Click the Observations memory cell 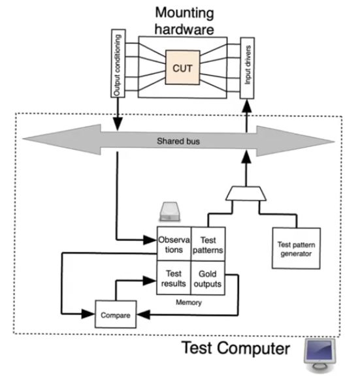[x=173, y=244]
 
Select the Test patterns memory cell [x=207, y=244]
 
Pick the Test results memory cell [x=173, y=279]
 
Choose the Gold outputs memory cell [x=207, y=279]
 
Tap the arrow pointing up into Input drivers [x=246, y=115]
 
